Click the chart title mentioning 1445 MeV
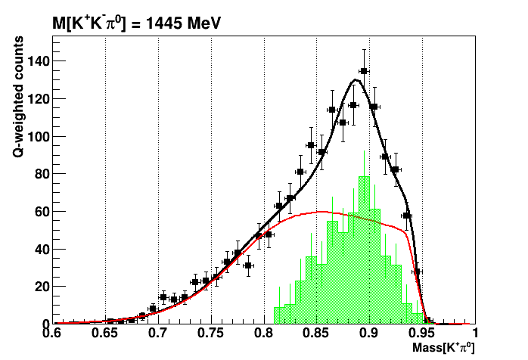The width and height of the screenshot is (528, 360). (137, 23)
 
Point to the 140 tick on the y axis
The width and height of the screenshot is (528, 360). (37, 61)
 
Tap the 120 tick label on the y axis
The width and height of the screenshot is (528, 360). (37, 99)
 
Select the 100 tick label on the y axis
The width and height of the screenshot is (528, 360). (37, 137)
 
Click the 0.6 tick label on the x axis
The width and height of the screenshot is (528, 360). (52, 334)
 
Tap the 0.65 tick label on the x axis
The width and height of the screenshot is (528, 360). (105, 334)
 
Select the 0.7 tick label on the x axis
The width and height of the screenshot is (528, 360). (158, 334)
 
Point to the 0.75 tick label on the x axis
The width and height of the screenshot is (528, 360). (211, 334)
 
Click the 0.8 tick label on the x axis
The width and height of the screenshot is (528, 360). (264, 334)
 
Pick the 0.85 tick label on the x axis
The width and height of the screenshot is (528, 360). (316, 334)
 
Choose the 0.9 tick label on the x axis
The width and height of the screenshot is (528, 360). (369, 334)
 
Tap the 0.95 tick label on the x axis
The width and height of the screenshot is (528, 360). (422, 334)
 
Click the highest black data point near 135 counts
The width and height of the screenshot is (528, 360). (364, 71)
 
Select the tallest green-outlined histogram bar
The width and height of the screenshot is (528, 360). (364, 250)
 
